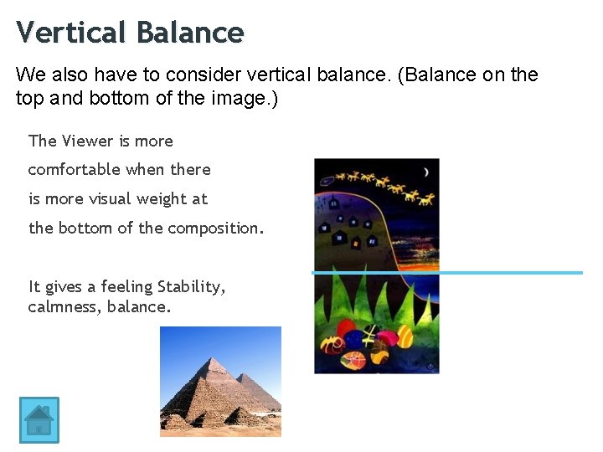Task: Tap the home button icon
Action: (39, 419)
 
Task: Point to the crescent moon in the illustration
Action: (425, 172)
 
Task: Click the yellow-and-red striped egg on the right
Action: (405, 336)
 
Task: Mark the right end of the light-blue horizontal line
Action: (580, 272)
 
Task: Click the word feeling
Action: (129, 287)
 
